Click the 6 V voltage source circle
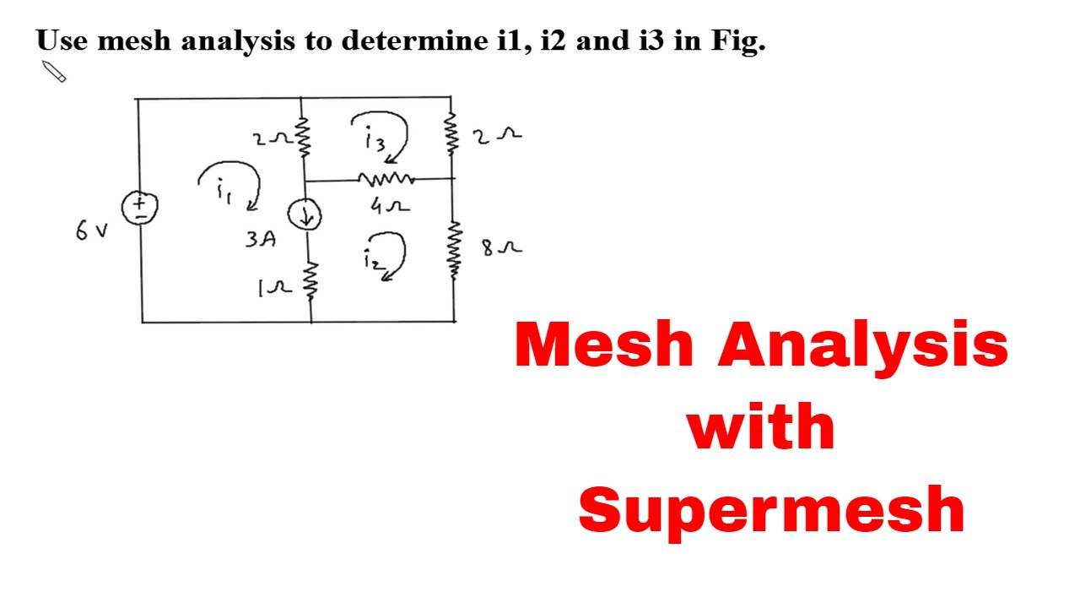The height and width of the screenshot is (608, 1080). point(139,209)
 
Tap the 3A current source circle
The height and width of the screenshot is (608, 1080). point(305,214)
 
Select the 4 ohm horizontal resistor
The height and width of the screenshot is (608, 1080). point(386,179)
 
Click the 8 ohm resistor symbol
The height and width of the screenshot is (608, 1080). point(454,251)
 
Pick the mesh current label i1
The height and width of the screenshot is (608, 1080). point(224,191)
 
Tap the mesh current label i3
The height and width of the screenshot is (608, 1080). point(375,138)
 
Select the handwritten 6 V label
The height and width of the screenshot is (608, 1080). point(92,231)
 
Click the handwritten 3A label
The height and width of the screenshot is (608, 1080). point(261,239)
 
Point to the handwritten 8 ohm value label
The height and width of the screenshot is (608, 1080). point(502,248)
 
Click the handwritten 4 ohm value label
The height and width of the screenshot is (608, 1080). point(390,206)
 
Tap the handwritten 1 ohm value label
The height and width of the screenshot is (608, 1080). point(275,289)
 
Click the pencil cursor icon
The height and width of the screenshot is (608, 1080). point(54,72)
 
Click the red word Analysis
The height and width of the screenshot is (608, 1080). point(863,345)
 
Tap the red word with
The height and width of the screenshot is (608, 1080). point(761,426)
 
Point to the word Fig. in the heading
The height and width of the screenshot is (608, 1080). point(738,41)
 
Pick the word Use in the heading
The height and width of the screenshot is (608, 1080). point(62,40)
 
